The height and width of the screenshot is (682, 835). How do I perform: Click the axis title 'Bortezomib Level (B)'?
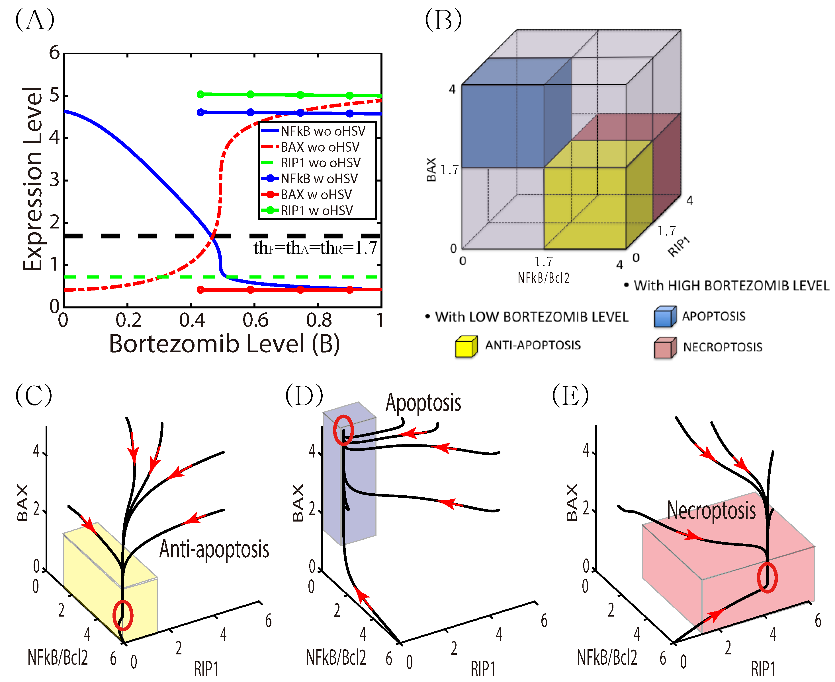pyautogui.click(x=224, y=344)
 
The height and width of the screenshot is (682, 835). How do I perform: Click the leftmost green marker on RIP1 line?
pyautogui.click(x=200, y=94)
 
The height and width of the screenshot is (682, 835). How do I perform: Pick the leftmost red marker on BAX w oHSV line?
pyautogui.click(x=200, y=290)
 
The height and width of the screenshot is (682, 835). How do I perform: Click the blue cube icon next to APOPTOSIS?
pyautogui.click(x=665, y=317)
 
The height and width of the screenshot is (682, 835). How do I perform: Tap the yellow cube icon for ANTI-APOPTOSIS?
pyautogui.click(x=466, y=347)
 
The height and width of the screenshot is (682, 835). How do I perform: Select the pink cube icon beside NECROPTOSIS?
pyautogui.click(x=665, y=348)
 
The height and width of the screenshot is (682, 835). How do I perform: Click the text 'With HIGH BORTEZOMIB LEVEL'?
pyautogui.click(x=731, y=286)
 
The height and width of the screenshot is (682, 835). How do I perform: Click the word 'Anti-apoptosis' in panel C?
pyautogui.click(x=214, y=549)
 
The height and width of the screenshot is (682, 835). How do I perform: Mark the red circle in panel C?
pyautogui.click(x=123, y=615)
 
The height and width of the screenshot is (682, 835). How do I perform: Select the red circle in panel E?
pyautogui.click(x=767, y=578)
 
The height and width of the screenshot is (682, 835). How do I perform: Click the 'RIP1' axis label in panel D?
pyautogui.click(x=483, y=669)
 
